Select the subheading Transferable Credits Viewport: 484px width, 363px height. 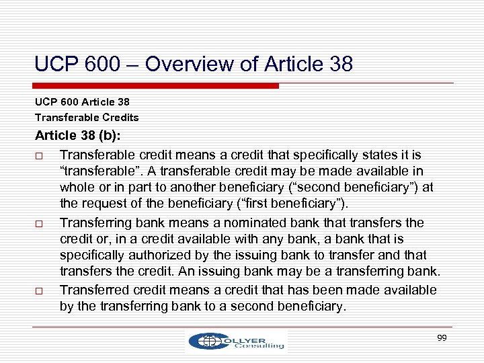(87, 118)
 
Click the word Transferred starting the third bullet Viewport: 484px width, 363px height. (93, 290)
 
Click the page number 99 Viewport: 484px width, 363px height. (442, 338)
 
